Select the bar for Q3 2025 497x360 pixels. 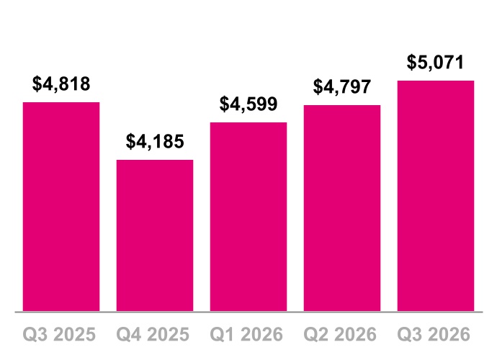[x=61, y=207]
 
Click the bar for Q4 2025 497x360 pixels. [x=155, y=235]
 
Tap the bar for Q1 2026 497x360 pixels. [x=248, y=217]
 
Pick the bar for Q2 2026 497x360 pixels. [x=342, y=208]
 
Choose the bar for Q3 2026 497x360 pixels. [x=436, y=196]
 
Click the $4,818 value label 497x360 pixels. [x=61, y=84]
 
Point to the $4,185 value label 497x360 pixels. [x=155, y=142]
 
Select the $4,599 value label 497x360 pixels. [x=248, y=104]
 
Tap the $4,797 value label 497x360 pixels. [x=342, y=87]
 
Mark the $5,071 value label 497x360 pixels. [x=436, y=63]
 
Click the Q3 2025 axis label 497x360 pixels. [x=59, y=334]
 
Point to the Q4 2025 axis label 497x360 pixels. [x=153, y=334]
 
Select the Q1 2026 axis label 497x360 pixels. [x=246, y=334]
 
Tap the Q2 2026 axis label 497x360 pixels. [x=340, y=334]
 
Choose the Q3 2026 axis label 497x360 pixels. [x=434, y=334]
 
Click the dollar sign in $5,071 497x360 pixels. [x=411, y=63]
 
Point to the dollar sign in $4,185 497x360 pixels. [x=130, y=142]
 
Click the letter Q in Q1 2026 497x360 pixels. [x=217, y=335]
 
